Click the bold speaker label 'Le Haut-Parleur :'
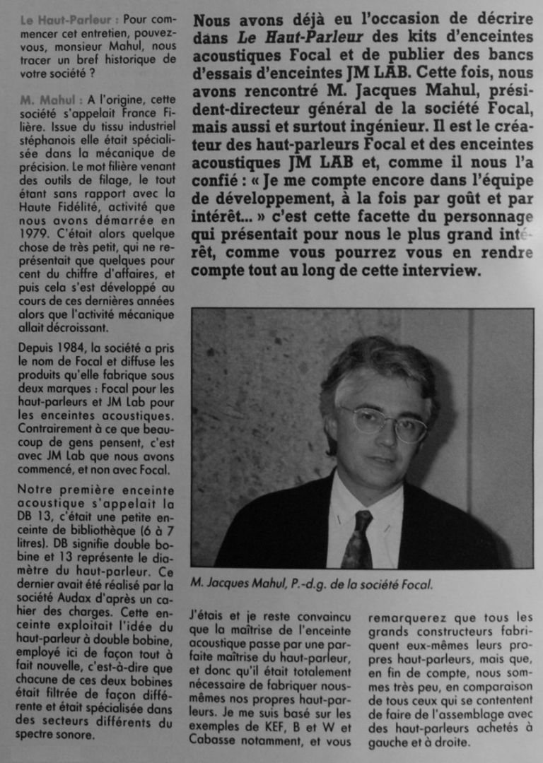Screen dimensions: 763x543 pyautogui.click(x=69, y=20)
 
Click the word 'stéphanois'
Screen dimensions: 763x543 pyautogui.click(x=49, y=140)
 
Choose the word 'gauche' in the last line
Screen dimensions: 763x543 pyautogui.click(x=387, y=743)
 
